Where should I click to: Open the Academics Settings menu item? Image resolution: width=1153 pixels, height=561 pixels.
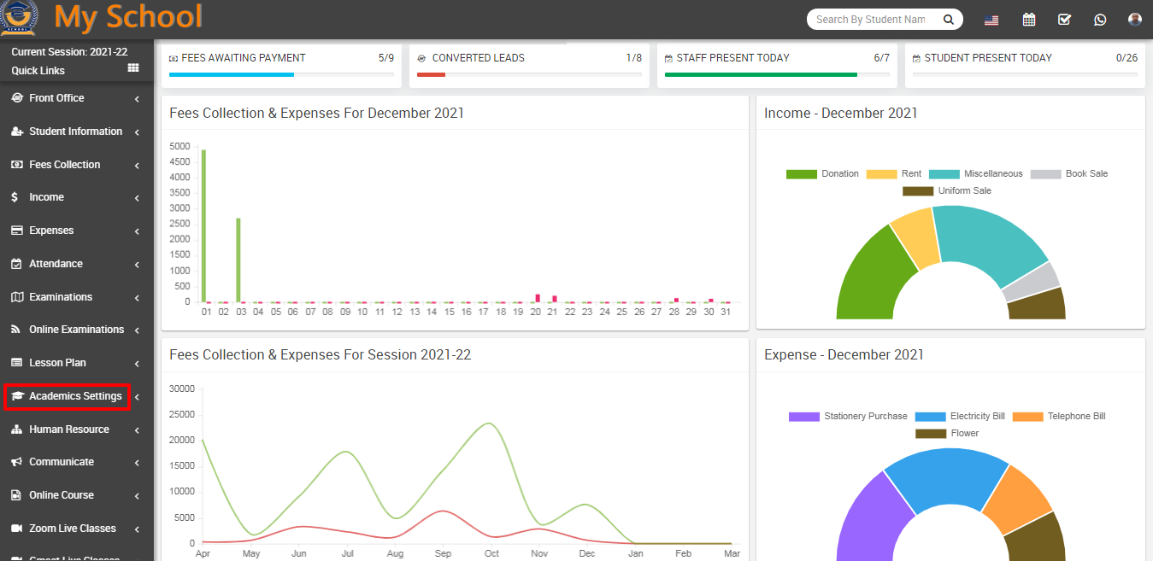pyautogui.click(x=75, y=396)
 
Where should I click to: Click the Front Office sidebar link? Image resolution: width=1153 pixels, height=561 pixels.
pyautogui.click(x=56, y=97)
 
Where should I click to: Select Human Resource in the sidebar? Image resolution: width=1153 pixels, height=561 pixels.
pyautogui.click(x=69, y=430)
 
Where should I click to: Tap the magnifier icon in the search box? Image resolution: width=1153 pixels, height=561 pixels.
pyautogui.click(x=948, y=20)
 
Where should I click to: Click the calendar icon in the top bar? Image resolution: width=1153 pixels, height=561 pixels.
pyautogui.click(x=1028, y=20)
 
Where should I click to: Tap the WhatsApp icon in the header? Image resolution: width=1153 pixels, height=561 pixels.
pyautogui.click(x=1100, y=20)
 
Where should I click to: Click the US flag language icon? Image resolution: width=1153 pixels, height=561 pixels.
pyautogui.click(x=991, y=20)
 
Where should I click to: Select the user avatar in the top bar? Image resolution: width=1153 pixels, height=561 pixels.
pyautogui.click(x=1134, y=20)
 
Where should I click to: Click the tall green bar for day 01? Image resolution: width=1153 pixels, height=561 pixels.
pyautogui.click(x=203, y=225)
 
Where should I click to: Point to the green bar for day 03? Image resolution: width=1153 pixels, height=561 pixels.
pyautogui.click(x=238, y=260)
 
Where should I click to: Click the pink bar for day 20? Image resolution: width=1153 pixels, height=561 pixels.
pyautogui.click(x=538, y=298)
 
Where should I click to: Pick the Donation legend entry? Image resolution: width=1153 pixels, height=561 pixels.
pyautogui.click(x=822, y=174)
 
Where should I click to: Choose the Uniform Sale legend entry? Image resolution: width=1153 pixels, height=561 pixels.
pyautogui.click(x=947, y=190)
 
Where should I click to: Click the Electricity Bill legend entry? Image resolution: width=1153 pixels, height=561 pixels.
pyautogui.click(x=960, y=416)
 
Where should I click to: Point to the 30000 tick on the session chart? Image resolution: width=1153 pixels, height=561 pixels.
pyautogui.click(x=182, y=389)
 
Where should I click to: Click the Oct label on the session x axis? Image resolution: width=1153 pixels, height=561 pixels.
pyautogui.click(x=491, y=553)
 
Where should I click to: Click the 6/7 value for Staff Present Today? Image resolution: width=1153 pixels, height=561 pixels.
pyautogui.click(x=881, y=58)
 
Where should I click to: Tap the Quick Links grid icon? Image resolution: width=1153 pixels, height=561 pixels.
pyautogui.click(x=133, y=67)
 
